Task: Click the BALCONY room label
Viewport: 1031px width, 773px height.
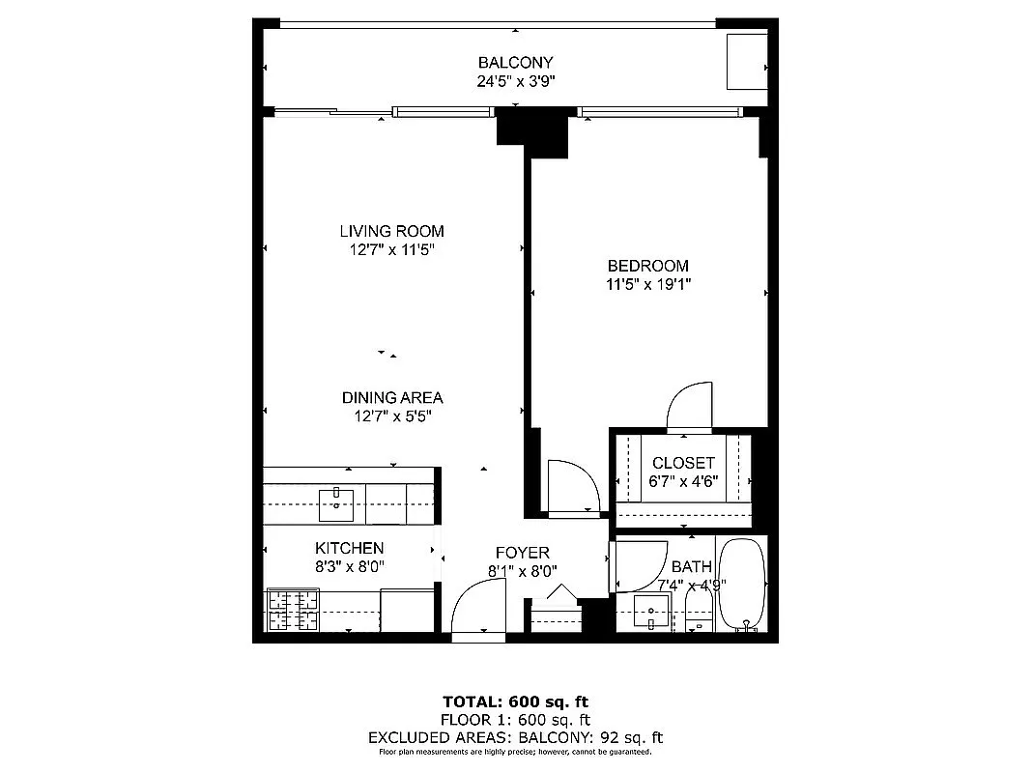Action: click(x=515, y=63)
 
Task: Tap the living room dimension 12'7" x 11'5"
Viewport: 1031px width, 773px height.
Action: click(x=391, y=249)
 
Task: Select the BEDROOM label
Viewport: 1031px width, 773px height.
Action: click(x=647, y=266)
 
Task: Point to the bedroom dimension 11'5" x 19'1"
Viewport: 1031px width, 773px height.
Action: click(x=647, y=284)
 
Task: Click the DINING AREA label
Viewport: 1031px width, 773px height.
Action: click(x=391, y=397)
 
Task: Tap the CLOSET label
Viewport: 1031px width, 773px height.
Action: click(x=682, y=463)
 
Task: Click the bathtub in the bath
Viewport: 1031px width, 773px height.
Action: click(x=742, y=584)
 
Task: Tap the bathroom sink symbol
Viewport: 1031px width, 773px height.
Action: click(x=652, y=612)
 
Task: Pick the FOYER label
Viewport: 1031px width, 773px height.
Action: click(x=522, y=553)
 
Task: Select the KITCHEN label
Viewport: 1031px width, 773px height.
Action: click(x=349, y=548)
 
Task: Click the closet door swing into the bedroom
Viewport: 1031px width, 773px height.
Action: click(x=690, y=405)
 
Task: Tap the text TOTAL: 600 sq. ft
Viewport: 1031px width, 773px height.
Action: click(x=515, y=701)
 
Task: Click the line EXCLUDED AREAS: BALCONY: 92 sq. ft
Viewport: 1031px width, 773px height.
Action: click(x=515, y=737)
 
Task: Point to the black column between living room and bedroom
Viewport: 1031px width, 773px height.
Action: click(x=532, y=134)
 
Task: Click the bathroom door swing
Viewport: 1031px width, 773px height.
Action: click(x=636, y=566)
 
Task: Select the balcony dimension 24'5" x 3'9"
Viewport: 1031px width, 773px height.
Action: click(x=515, y=82)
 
